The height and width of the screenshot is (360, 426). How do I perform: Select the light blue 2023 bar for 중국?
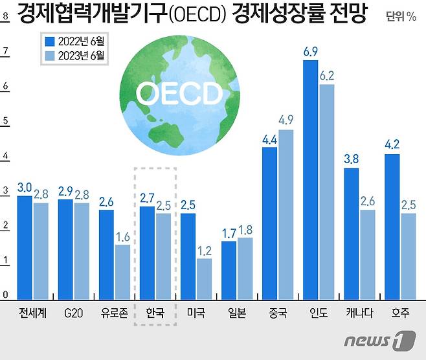point(286,214)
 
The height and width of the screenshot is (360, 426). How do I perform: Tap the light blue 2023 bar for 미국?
point(204,278)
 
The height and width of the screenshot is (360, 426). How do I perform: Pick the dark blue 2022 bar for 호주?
point(392,226)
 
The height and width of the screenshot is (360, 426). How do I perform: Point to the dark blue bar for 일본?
point(229,269)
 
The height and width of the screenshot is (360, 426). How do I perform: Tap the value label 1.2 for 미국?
point(205,250)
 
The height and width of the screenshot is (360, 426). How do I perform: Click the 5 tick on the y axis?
point(5,121)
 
